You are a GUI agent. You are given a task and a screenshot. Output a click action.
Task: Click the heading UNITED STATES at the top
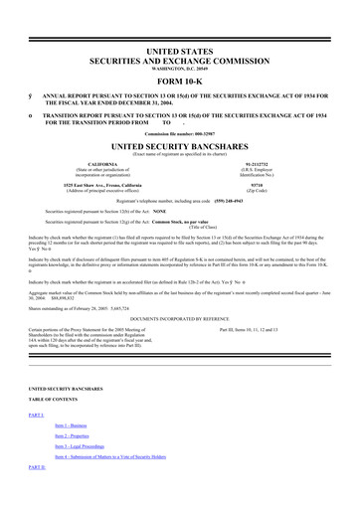180,48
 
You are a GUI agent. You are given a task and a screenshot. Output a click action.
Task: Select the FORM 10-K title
180,82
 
